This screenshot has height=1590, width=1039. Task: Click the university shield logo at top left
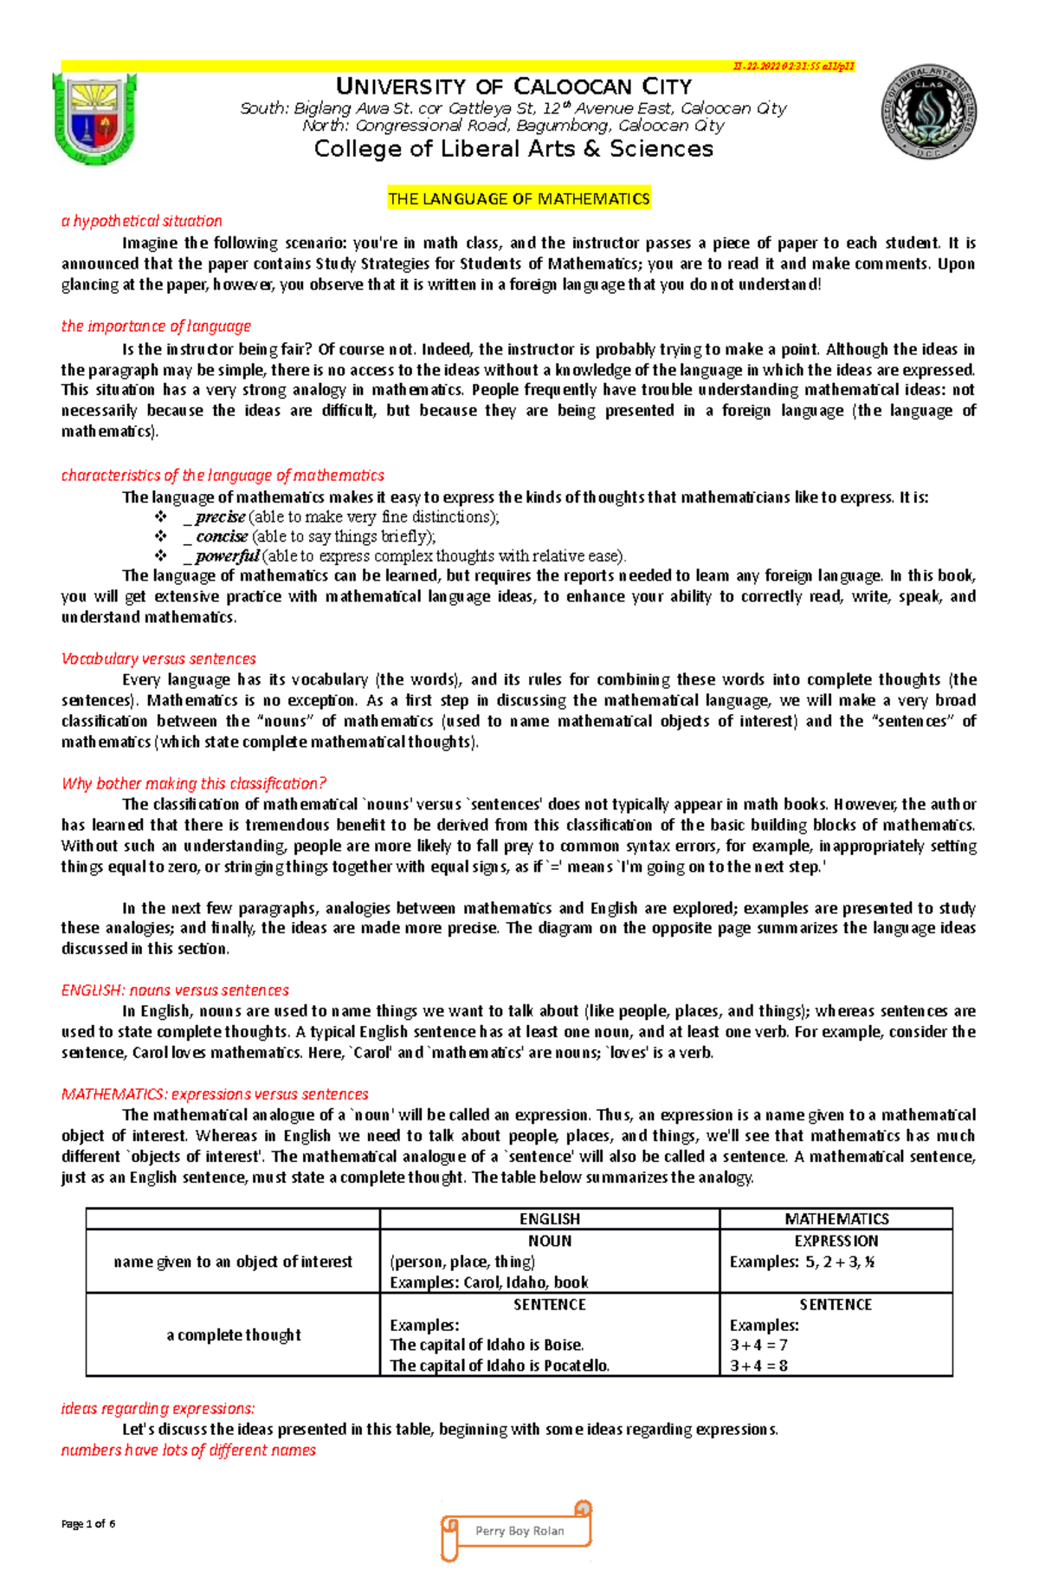click(x=94, y=119)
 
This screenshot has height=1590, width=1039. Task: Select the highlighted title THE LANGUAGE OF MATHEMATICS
click(x=519, y=198)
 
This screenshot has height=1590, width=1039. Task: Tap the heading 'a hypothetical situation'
click(x=141, y=221)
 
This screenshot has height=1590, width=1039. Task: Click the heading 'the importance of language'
click(x=156, y=326)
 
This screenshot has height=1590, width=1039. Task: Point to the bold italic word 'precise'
click(x=220, y=517)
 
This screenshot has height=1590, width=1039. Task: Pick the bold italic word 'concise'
click(x=222, y=536)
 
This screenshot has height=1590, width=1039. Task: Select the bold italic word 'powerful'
click(x=227, y=556)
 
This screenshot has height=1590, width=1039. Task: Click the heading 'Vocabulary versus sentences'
click(x=158, y=659)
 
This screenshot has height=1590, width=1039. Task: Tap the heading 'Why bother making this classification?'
click(x=194, y=783)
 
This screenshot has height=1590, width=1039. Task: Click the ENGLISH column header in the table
click(x=549, y=1219)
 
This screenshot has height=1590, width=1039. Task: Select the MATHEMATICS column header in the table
click(x=836, y=1219)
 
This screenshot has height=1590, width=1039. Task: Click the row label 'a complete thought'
click(x=234, y=1335)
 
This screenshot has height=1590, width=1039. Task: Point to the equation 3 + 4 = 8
click(x=758, y=1366)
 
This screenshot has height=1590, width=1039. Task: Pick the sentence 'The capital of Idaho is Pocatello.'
click(x=500, y=1366)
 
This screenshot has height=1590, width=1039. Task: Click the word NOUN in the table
click(x=549, y=1241)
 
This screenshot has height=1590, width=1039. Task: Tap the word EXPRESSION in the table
click(x=836, y=1241)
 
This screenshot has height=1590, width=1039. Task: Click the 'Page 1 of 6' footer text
click(x=88, y=1523)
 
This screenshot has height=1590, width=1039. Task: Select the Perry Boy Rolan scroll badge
click(x=518, y=1531)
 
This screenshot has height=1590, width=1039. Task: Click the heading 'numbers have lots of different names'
click(x=188, y=1450)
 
